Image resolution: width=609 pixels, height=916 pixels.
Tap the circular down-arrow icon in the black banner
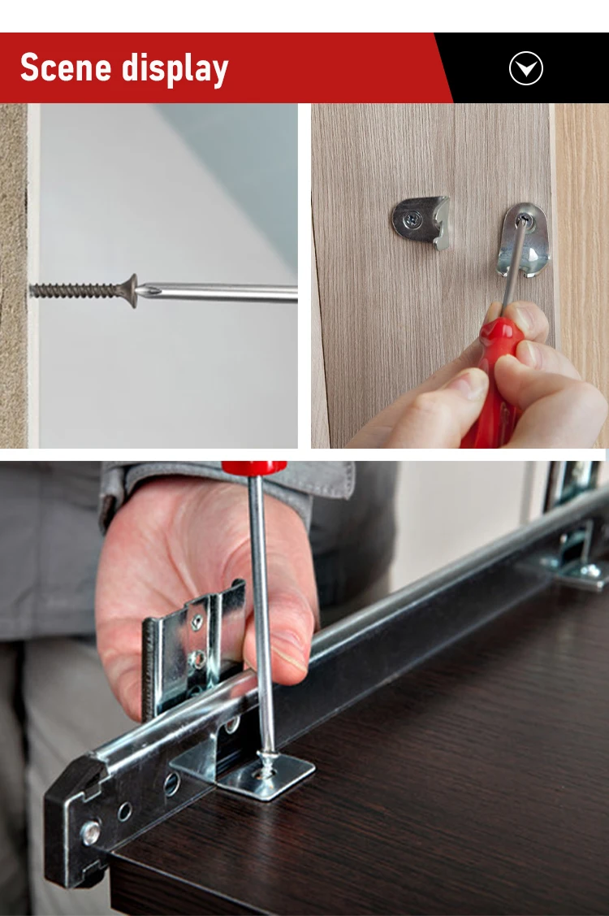pyautogui.click(x=525, y=69)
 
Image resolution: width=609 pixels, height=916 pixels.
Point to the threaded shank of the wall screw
pyautogui.click(x=77, y=290)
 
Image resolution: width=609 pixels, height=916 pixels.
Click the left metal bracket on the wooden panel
pyautogui.click(x=421, y=220)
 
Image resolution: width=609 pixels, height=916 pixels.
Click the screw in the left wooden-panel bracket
pyautogui.click(x=412, y=219)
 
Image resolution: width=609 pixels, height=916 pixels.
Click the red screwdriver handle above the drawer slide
pyautogui.click(x=253, y=468)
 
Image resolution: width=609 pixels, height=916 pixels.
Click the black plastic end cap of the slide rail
pyautogui.click(x=77, y=821)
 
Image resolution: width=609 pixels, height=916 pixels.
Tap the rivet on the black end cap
pyautogui.click(x=89, y=831)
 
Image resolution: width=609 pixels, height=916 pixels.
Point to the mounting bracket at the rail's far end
pyautogui.click(x=581, y=561)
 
